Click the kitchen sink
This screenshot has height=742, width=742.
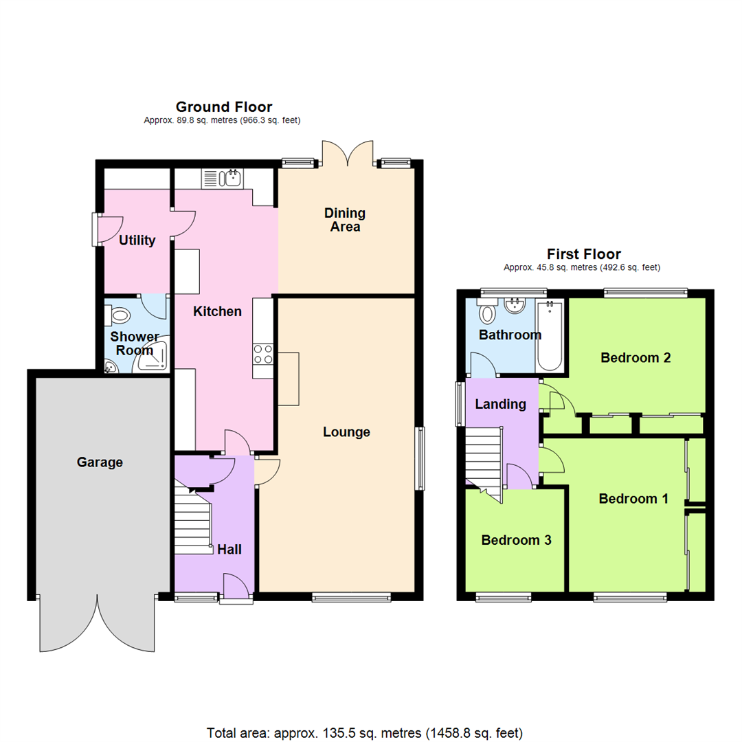pyautogui.click(x=221, y=179)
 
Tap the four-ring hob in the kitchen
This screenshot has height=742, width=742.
pyautogui.click(x=262, y=355)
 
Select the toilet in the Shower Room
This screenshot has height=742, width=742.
pyautogui.click(x=120, y=316)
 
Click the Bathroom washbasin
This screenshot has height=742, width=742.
pyautogui.click(x=514, y=306)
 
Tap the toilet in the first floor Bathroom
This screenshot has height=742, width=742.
pyautogui.click(x=487, y=313)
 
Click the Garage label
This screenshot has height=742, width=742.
pyautogui.click(x=100, y=462)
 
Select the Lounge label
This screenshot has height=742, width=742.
pyautogui.click(x=347, y=432)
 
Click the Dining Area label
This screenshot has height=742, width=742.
pyautogui.click(x=345, y=220)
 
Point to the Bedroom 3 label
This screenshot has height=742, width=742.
pyautogui.click(x=516, y=540)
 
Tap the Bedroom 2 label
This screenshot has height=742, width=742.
pyautogui.click(x=635, y=357)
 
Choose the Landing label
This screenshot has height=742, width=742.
pyautogui.click(x=501, y=405)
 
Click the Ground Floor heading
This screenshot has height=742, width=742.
pyautogui.click(x=223, y=106)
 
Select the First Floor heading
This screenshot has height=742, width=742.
pyautogui.click(x=583, y=254)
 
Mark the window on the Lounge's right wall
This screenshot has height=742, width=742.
pyautogui.click(x=419, y=458)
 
